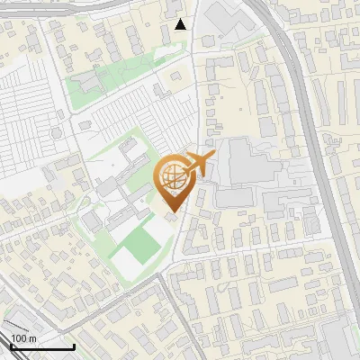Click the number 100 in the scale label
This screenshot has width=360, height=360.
(20, 338)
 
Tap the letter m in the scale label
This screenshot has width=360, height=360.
(33, 338)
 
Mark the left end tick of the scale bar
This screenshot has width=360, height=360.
(10, 346)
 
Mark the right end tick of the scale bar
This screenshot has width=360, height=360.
(73, 346)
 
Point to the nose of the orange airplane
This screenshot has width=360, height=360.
(214, 158)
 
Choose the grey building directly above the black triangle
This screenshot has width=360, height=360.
(176, 7)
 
